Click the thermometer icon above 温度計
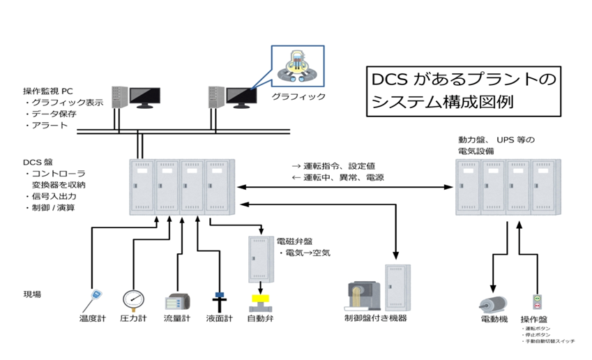pos(94,299)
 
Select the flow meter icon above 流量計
pos(176,302)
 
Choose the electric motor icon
pos(491,305)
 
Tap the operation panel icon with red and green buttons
pos(536,302)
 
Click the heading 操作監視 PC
pos(49,91)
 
